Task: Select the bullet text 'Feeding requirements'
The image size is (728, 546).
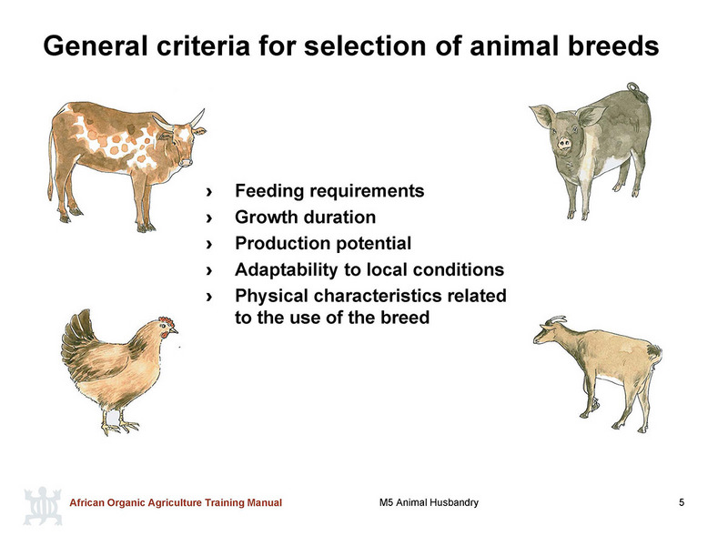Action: (329, 191)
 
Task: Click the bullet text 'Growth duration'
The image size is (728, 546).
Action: (305, 217)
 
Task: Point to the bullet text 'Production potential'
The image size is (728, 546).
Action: (323, 243)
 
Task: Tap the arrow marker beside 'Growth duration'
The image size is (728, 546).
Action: (209, 217)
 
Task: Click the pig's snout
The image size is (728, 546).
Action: (564, 143)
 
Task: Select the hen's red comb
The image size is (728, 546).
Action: (167, 321)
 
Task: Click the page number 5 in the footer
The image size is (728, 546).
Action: (681, 502)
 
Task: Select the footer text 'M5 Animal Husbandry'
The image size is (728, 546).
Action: (429, 502)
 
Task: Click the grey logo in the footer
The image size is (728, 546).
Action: (43, 506)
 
